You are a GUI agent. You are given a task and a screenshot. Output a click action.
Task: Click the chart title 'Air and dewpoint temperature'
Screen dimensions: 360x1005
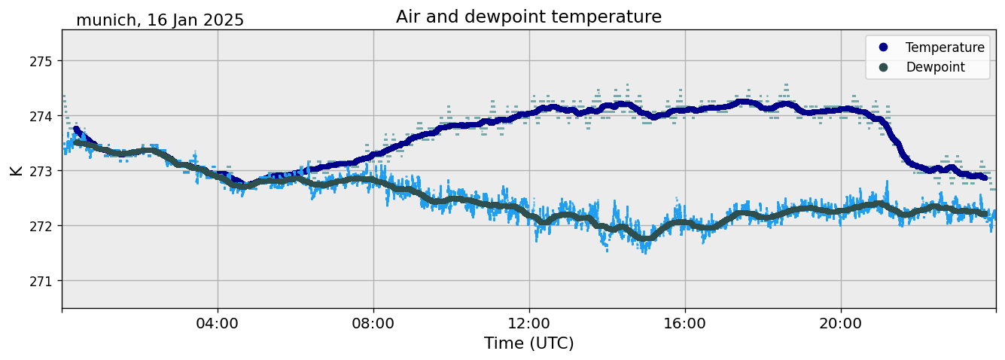528,17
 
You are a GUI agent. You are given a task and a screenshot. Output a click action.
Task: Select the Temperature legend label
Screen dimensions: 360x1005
945,47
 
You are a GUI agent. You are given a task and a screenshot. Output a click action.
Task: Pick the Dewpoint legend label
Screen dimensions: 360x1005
935,67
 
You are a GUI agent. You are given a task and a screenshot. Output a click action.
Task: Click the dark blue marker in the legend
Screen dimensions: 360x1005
883,47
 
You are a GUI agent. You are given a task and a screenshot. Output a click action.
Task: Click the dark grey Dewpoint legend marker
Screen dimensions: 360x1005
883,67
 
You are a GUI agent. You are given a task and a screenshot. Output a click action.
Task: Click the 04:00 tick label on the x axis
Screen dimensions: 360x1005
218,324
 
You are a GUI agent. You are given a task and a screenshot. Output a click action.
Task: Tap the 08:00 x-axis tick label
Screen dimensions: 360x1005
373,324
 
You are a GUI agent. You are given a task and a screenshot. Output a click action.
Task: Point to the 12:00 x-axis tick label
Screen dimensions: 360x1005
529,324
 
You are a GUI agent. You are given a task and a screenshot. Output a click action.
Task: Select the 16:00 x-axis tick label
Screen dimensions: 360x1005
685,324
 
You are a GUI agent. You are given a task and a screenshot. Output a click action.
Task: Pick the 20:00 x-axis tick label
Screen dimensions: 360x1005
841,324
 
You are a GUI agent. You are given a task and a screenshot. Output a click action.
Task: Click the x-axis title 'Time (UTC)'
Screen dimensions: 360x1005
528,343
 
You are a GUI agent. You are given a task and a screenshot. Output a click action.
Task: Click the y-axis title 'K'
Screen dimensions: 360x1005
16,169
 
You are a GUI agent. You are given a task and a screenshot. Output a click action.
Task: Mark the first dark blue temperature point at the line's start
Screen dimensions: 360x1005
77,130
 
